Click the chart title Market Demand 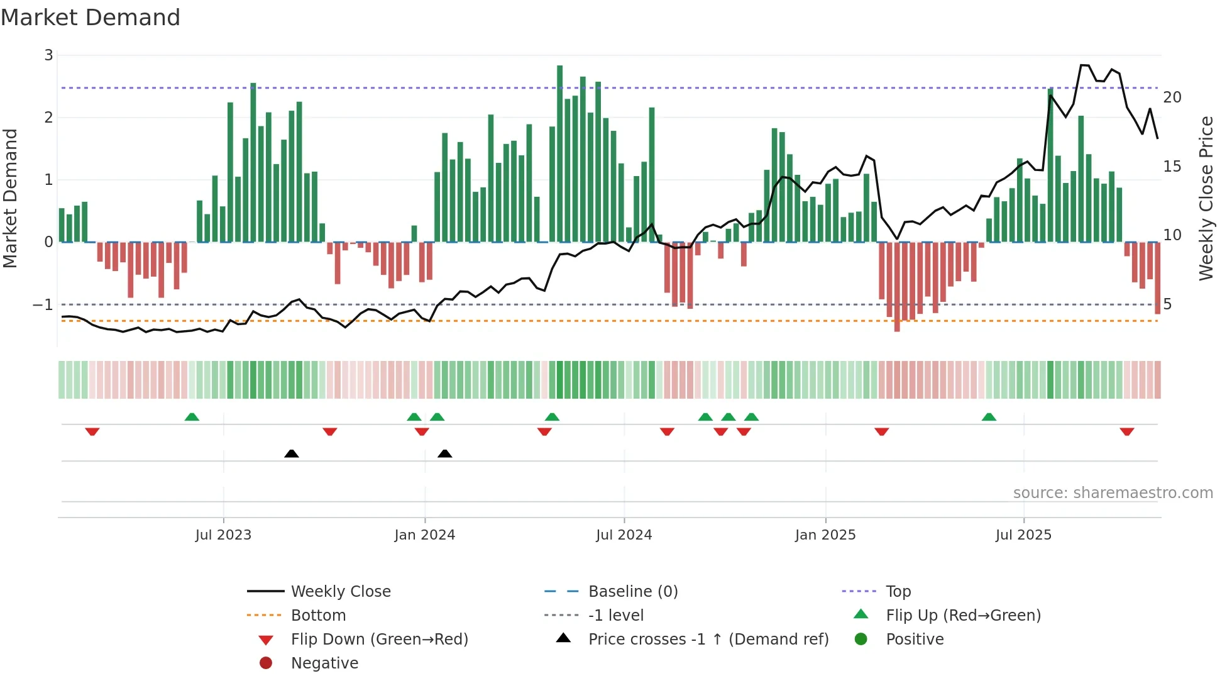tap(91, 18)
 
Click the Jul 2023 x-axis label tap(223, 535)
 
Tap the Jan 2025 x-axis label tap(825, 535)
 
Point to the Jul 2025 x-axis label tap(1023, 535)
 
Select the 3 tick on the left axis tap(48, 55)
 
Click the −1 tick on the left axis tap(43, 305)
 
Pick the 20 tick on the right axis tap(1172, 97)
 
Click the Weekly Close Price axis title tap(1206, 198)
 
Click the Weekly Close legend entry tap(340, 592)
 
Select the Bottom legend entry tap(318, 616)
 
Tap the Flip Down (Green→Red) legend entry tap(379, 640)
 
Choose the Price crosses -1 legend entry tap(708, 640)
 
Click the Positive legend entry tap(915, 640)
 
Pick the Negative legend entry tap(324, 663)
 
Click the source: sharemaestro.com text tap(1113, 493)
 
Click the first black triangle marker tap(291, 453)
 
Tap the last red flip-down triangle tap(1126, 431)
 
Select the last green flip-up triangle tap(989, 417)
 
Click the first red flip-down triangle tap(92, 431)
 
